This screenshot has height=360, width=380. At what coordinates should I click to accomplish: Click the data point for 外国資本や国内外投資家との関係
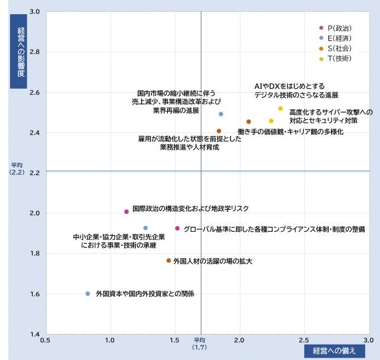coord(87,294)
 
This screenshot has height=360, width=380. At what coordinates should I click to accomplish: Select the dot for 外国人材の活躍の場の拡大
coord(168,261)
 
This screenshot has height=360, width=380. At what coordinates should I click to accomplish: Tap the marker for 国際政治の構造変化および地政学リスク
coord(126,212)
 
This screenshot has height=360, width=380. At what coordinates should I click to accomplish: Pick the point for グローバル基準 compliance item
coord(177,228)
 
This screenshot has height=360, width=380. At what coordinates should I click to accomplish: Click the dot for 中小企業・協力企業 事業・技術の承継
coord(145,228)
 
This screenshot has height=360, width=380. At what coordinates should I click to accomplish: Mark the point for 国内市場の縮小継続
coord(221,114)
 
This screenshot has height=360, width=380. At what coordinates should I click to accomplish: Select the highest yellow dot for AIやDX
coord(280,108)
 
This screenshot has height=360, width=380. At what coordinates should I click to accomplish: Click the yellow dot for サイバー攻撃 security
coord(271,121)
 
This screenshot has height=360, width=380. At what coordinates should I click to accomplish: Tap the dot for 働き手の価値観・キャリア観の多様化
coord(248,121)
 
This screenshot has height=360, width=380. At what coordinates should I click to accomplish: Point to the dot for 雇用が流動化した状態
coord(219,131)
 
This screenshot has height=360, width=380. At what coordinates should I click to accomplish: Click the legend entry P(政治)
coord(336,28)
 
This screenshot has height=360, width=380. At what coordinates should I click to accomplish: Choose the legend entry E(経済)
coord(336,38)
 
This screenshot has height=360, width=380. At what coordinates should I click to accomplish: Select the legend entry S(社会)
coord(336,48)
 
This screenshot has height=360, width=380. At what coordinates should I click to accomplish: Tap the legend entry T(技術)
coord(336,59)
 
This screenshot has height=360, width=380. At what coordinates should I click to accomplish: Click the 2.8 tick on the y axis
coord(35,51)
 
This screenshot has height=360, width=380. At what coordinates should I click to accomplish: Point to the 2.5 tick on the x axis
coord(304,340)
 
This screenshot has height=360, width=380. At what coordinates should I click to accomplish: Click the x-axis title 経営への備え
coord(334,351)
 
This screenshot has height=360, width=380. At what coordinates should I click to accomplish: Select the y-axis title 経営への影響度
coord(18,51)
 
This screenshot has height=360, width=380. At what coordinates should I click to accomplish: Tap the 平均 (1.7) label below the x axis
coord(199,344)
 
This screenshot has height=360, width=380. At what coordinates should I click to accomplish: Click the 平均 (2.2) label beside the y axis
coord(17,168)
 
